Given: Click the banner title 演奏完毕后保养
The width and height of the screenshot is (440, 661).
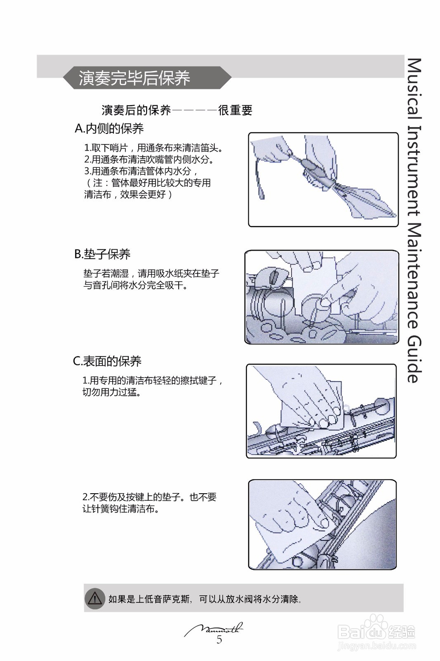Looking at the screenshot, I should point(134,78).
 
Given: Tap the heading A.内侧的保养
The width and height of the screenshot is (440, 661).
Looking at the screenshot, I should point(109,129).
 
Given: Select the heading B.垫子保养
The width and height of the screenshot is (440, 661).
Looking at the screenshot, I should point(102,254).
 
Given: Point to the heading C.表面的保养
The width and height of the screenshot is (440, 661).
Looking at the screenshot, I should point(107,361).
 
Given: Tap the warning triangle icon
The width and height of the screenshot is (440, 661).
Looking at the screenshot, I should point(95,598).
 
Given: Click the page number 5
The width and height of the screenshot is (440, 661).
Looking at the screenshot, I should point(219,640).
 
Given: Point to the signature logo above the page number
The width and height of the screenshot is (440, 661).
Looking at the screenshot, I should point(214,629).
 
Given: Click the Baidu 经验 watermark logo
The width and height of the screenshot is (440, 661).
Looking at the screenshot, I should point(376,632).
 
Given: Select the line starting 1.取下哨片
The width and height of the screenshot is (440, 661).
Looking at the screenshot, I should point(154,148).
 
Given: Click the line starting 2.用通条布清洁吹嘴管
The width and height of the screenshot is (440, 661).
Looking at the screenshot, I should point(149,159).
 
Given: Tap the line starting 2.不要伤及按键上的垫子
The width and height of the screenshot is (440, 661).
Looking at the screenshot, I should point(149,497).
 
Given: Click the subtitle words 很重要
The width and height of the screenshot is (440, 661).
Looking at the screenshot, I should point(235,110).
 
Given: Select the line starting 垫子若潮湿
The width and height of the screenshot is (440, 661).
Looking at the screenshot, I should point(151,273).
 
